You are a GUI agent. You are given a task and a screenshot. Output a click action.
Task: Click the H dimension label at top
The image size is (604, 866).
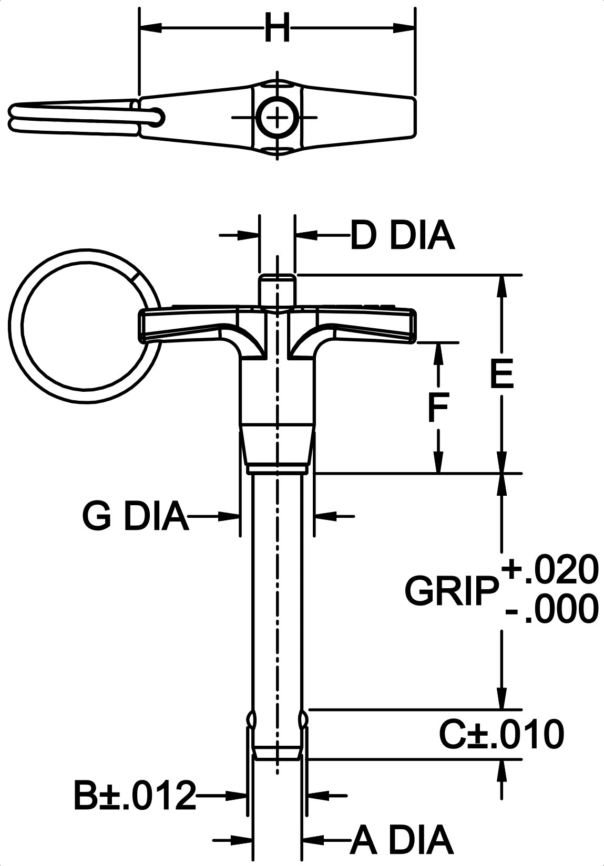point(277,28)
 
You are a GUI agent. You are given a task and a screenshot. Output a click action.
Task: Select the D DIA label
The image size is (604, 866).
point(402,236)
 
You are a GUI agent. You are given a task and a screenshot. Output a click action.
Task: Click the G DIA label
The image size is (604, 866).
point(135,516)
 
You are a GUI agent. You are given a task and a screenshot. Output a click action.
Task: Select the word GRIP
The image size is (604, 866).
point(452,591)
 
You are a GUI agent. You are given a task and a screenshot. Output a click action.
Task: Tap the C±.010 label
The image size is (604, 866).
point(501,735)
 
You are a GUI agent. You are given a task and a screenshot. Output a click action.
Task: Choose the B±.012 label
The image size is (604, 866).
point(134,795)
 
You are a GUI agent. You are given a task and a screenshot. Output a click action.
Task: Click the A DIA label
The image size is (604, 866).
point(402,840)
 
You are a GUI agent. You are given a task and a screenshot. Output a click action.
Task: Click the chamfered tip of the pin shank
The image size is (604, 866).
point(277,755)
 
